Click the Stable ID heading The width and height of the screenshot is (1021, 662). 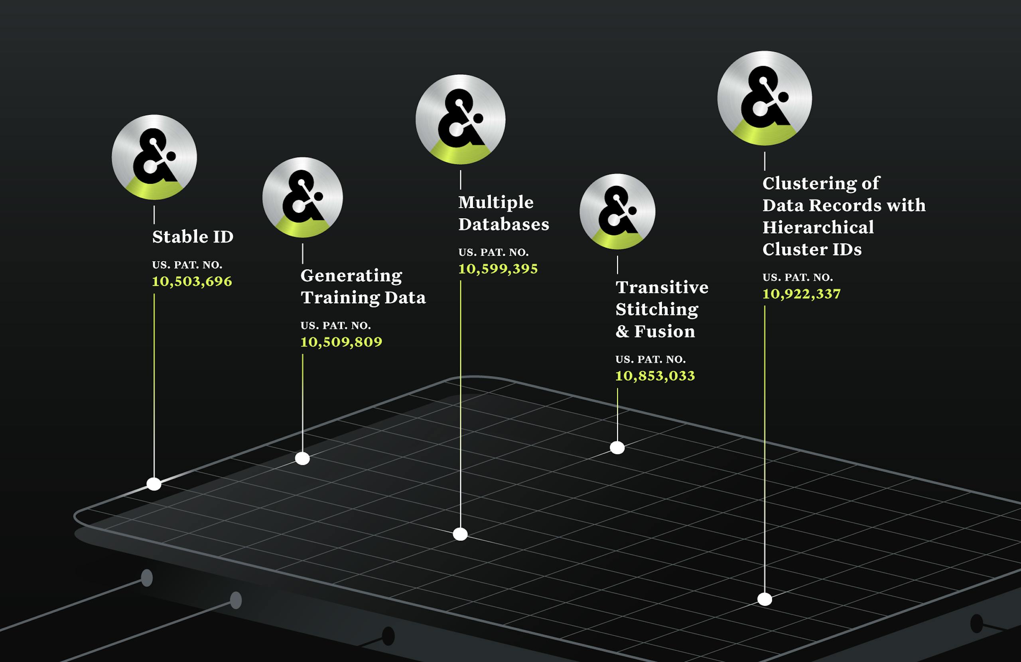pyautogui.click(x=193, y=237)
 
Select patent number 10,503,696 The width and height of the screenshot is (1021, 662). pyautogui.click(x=192, y=282)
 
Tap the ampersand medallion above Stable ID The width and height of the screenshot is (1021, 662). pyautogui.click(x=154, y=157)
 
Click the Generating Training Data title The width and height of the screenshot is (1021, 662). pyautogui.click(x=363, y=287)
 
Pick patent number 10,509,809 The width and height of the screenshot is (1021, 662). pyautogui.click(x=341, y=342)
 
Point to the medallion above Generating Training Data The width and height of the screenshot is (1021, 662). pyautogui.click(x=302, y=197)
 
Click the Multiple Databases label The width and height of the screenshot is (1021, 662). pyautogui.click(x=504, y=213)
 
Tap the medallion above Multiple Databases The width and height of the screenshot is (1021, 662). pyautogui.click(x=460, y=119)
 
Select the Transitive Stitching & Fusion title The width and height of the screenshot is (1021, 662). pyautogui.click(x=662, y=309)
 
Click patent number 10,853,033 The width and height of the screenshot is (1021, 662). pyautogui.click(x=655, y=376)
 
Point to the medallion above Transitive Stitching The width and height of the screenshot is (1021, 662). pyautogui.click(x=617, y=211)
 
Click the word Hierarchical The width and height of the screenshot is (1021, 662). pyautogui.click(x=818, y=227)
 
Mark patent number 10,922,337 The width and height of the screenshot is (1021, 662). pyautogui.click(x=801, y=294)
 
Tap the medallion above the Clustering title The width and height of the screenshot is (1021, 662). pyautogui.click(x=765, y=98)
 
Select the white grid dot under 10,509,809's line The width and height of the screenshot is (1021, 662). pyautogui.click(x=302, y=459)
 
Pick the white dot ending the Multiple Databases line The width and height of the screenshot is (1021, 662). pyautogui.click(x=460, y=534)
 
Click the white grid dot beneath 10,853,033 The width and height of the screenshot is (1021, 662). pyautogui.click(x=617, y=448)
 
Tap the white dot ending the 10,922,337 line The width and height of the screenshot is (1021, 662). pyautogui.click(x=765, y=599)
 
